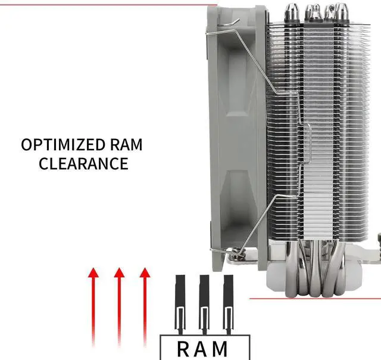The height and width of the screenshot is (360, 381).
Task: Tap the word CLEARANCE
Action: [x=83, y=163]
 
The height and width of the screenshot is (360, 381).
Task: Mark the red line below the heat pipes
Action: [x=316, y=299]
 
